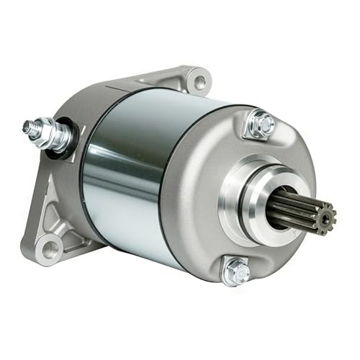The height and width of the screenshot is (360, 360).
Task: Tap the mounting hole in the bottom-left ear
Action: click(50, 249)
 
